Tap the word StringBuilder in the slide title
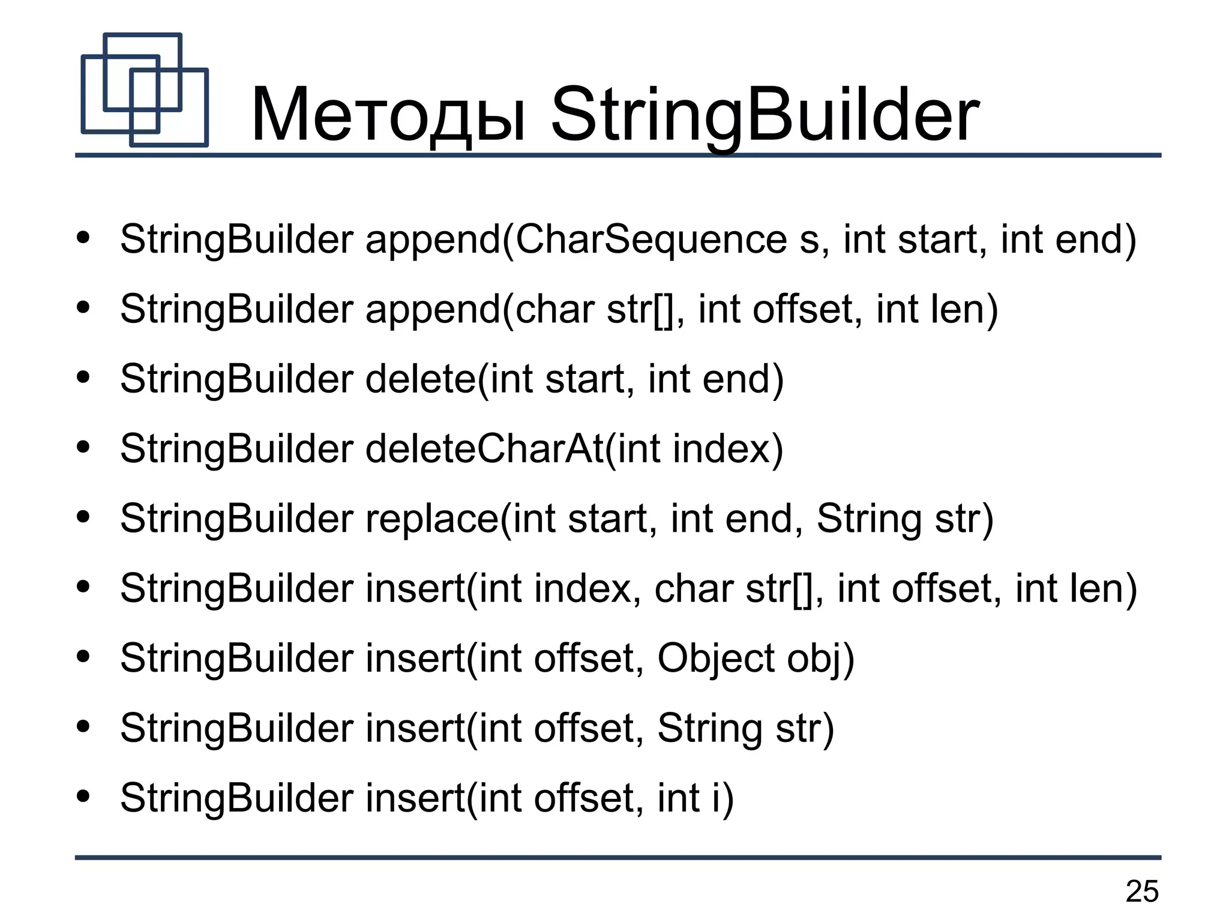[765, 115]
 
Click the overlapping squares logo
[145, 90]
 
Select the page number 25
[1142, 891]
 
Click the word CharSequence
[651, 240]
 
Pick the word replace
[431, 519]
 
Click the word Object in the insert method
[715, 658]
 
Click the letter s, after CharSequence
[811, 240]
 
